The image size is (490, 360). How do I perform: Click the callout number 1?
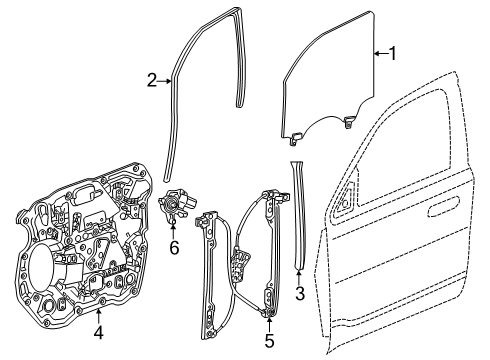coord(393,55)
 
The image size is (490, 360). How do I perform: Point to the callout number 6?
coord(173,246)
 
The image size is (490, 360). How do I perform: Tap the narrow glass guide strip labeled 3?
coord(299,220)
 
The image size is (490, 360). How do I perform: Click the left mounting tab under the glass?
coord(298,130)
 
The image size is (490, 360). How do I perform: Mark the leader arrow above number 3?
coord(299,273)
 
